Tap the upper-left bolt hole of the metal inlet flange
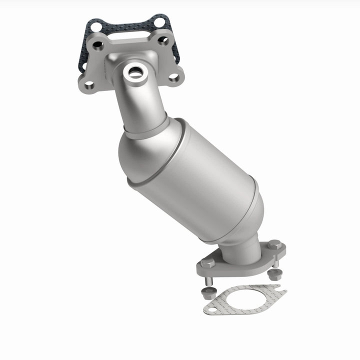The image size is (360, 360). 98,46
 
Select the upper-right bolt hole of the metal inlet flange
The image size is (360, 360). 163,40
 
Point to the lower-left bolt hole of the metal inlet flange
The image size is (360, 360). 89,85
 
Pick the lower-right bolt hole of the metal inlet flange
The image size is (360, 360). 173,77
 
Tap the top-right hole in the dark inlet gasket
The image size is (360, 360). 159,21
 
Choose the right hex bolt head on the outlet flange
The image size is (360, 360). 274,245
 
